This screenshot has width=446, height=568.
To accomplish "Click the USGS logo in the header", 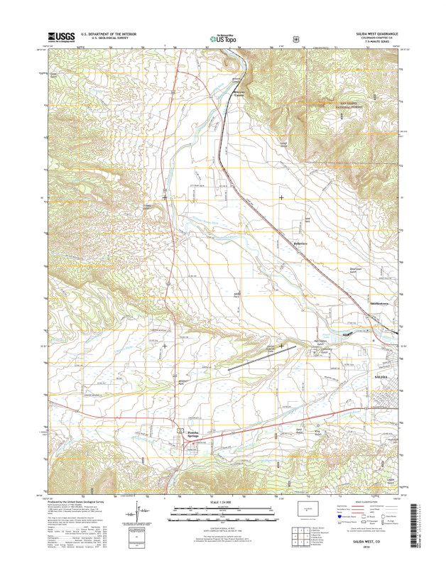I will tap(61, 37).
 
